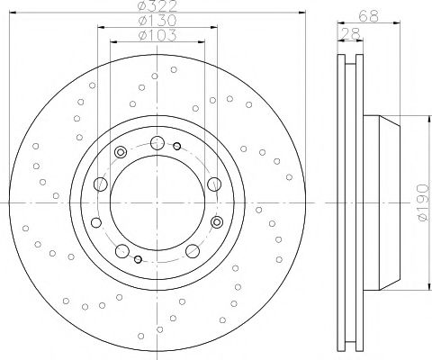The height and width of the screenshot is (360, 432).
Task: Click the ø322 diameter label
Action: click(155, 8)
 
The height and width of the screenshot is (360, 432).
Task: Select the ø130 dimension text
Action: click(155, 22)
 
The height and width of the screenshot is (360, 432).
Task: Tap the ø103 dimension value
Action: click(155, 35)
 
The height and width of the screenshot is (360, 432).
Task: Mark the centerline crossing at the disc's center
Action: click(156, 198)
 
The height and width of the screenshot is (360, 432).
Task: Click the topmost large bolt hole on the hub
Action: click(157, 141)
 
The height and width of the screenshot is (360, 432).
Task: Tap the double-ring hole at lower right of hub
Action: click(216, 220)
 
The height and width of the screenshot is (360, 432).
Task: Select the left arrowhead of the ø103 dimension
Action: click(112, 42)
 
